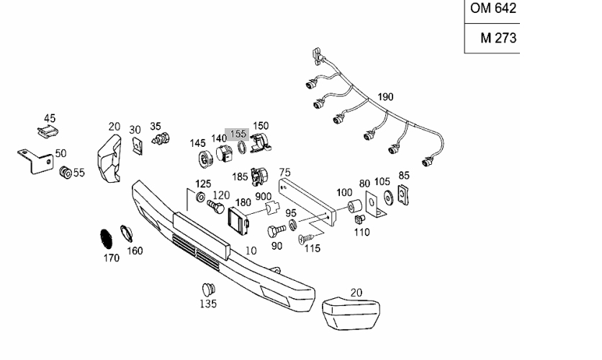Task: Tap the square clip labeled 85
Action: click(403, 192)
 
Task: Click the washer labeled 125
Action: click(199, 196)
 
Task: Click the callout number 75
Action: click(285, 172)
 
